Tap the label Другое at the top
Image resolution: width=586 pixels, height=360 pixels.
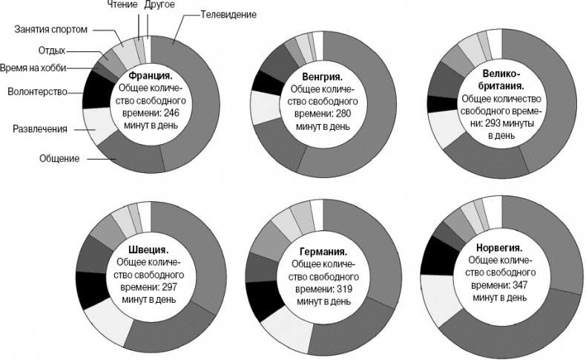point(159,5)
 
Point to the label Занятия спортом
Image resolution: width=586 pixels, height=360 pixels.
point(51,30)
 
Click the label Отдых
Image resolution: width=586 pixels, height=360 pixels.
point(51,51)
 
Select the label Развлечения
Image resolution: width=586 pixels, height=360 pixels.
point(40,129)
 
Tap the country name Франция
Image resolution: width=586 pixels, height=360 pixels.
point(151,76)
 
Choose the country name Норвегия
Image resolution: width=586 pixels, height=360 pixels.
point(497,248)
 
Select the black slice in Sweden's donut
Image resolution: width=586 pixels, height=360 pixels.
point(92,289)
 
